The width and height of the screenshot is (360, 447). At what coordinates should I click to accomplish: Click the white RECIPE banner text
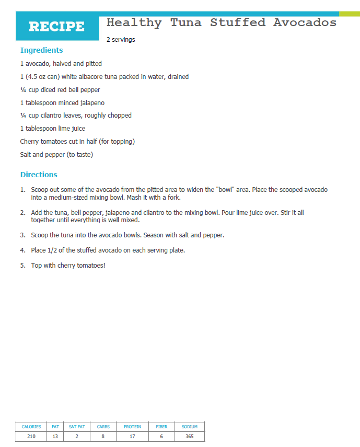tap(56, 27)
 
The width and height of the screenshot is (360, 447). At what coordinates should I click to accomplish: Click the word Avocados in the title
tap(305, 22)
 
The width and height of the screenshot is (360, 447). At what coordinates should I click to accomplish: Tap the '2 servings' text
tap(121, 40)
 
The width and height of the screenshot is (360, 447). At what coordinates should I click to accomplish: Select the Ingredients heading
tap(41, 50)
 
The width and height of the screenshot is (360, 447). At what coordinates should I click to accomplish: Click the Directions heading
tap(39, 175)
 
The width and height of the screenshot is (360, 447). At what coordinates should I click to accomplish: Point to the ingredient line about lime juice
tap(52, 129)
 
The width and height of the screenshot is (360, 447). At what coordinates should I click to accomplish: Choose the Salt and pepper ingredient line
tap(56, 155)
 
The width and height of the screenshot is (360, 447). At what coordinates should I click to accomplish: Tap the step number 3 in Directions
tap(23, 235)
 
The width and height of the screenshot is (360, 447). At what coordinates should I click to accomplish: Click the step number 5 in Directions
tap(23, 266)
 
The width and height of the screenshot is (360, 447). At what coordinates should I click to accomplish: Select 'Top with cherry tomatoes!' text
tap(68, 266)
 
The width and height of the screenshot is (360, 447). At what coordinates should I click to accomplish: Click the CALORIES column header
tap(31, 427)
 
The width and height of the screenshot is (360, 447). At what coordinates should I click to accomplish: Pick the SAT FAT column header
tap(77, 427)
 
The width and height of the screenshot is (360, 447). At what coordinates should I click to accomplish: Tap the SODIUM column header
tap(190, 427)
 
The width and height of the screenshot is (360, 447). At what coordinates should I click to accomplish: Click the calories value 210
tap(31, 437)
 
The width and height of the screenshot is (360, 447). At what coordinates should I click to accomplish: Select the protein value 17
tap(132, 437)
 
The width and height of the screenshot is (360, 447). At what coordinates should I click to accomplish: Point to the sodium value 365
tap(190, 437)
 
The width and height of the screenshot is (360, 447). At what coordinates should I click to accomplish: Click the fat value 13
tap(55, 437)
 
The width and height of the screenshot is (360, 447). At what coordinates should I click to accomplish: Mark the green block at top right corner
tap(349, 14)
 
